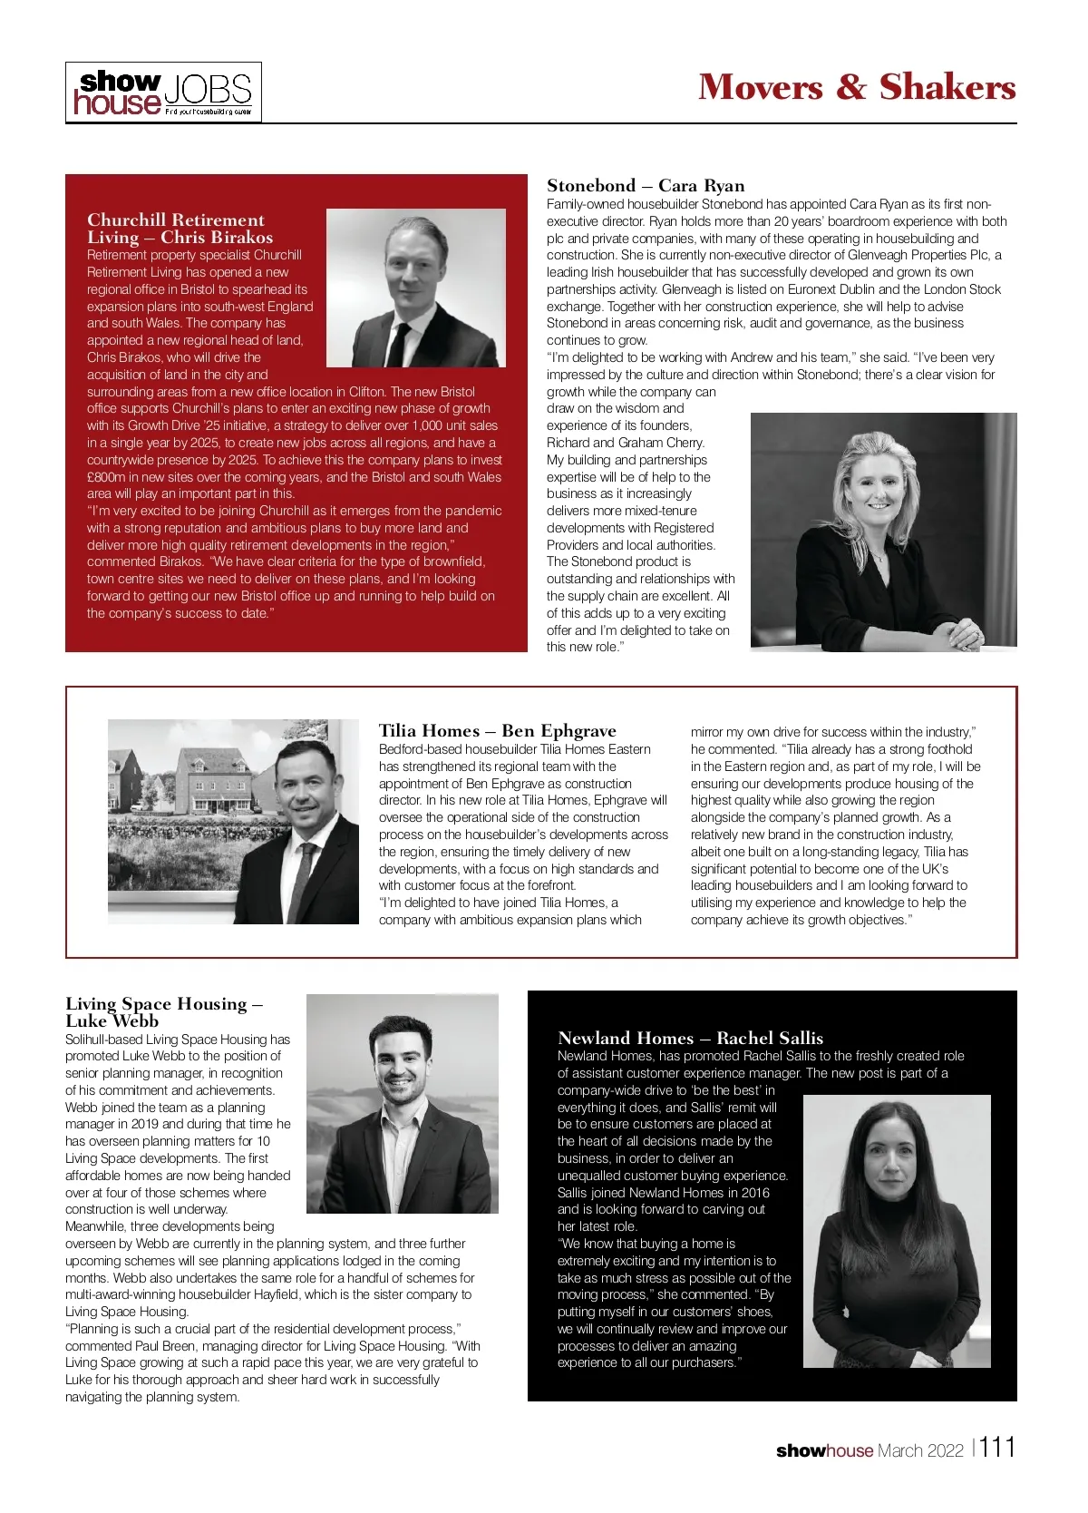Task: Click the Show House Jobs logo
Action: pos(163,93)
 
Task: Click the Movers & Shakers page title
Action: pos(857,87)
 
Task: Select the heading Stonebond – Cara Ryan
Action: pos(645,186)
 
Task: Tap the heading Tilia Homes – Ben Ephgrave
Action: pos(497,731)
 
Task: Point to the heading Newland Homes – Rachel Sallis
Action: pos(690,1039)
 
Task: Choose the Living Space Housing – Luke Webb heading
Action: pos(163,1012)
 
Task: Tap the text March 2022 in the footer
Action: pos(920,1450)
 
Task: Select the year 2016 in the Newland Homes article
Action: pos(754,1193)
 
